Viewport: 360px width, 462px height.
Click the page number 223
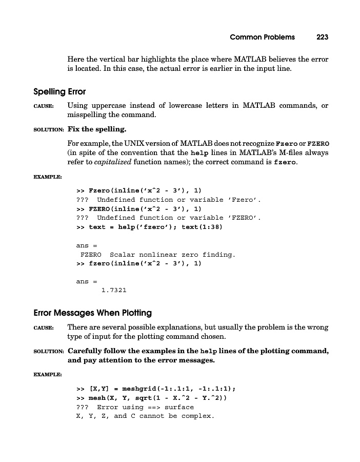pos(322,37)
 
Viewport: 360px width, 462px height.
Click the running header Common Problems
pos(262,37)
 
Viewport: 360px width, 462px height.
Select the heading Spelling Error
pos(59,92)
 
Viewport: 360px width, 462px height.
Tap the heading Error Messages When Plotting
pos(92,313)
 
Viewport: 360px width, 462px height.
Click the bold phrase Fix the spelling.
pos(97,129)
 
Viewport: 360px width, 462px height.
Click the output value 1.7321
pos(114,291)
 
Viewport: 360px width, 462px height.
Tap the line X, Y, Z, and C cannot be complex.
pos(145,416)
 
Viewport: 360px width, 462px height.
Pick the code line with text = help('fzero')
pos(149,227)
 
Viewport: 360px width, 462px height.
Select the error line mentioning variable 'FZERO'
pos(168,218)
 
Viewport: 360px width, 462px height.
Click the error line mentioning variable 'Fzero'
pos(168,199)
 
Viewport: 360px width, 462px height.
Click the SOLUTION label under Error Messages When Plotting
pos(48,352)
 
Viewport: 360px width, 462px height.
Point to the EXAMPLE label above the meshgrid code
pos(47,375)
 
